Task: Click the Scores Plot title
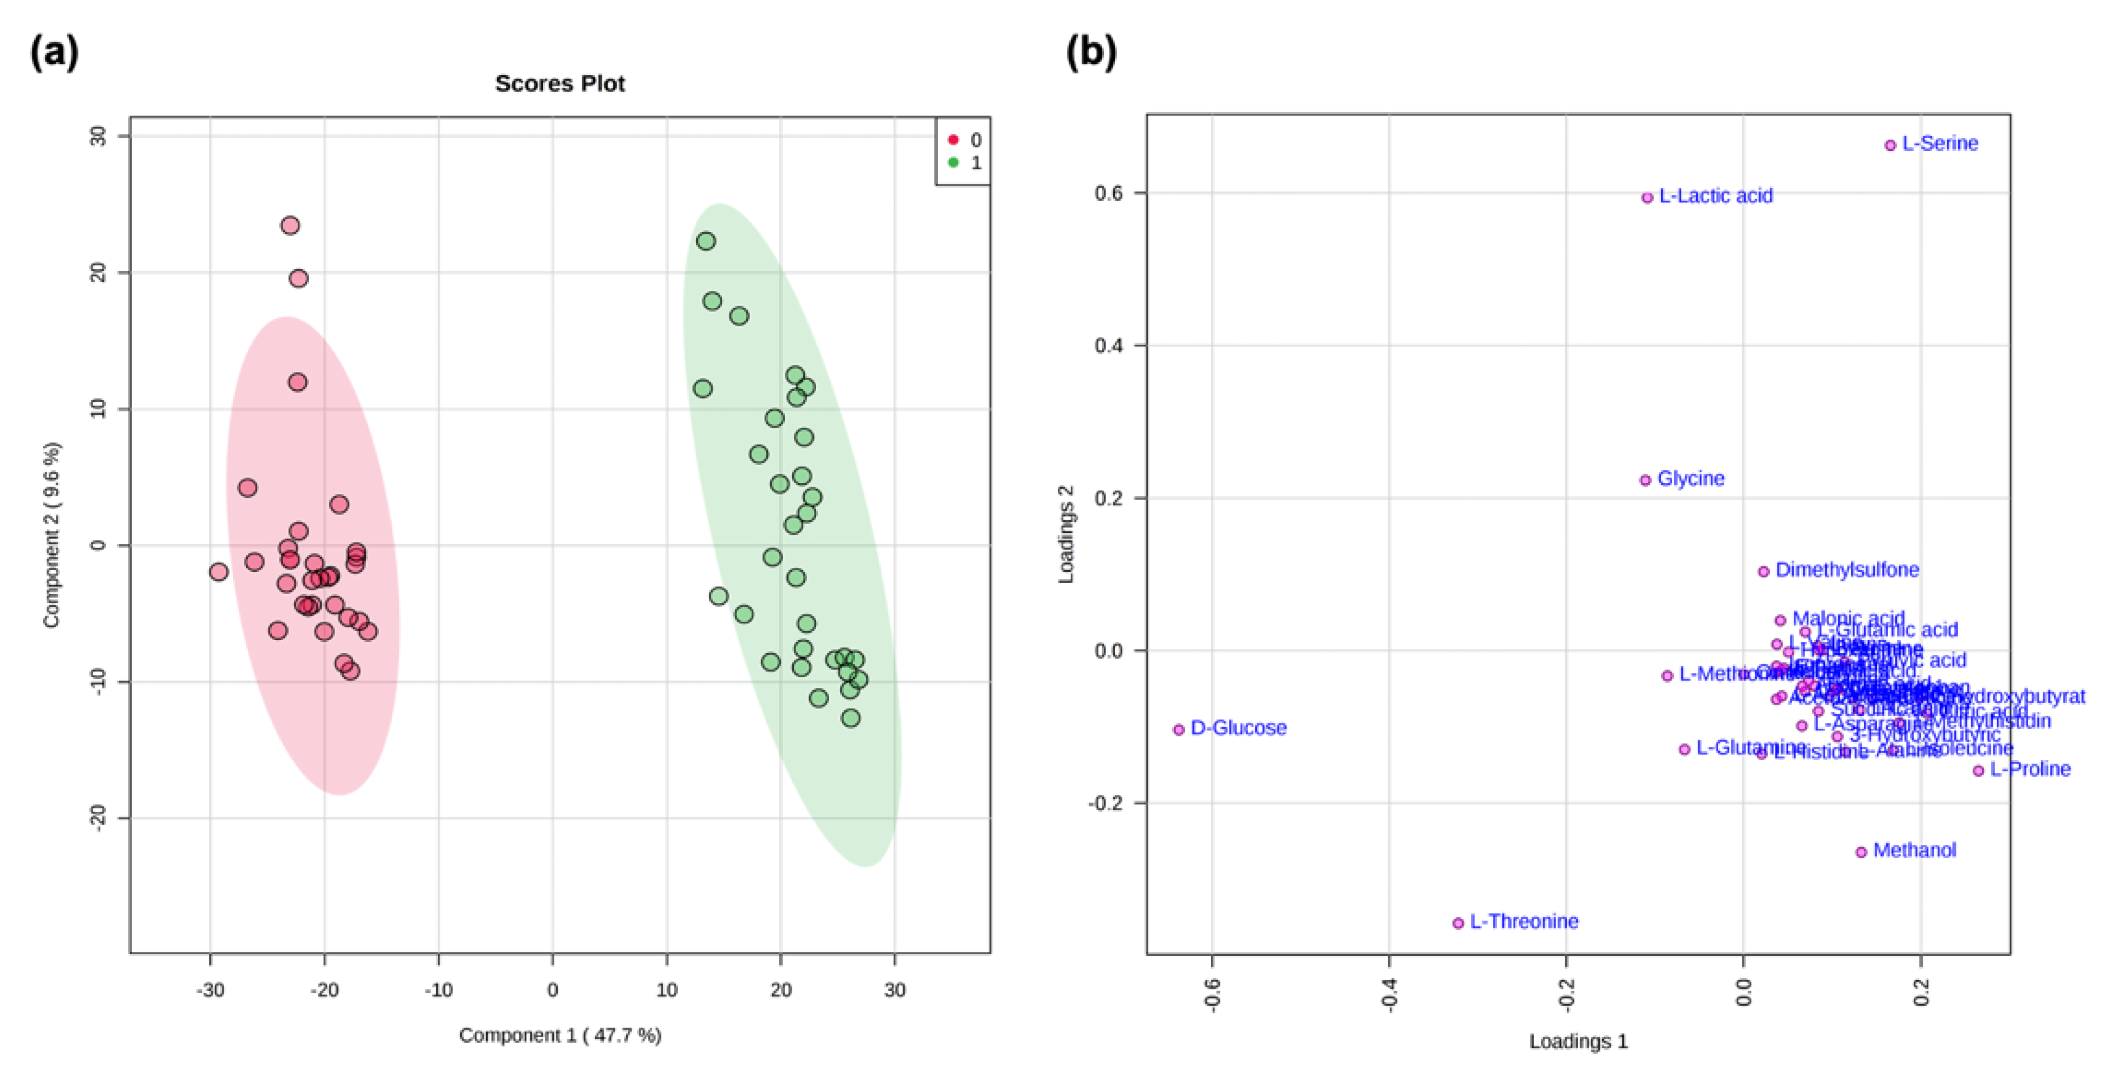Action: coord(559,84)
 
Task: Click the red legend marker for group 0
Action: coord(952,140)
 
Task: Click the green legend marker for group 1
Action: coord(952,162)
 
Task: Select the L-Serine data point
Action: coord(1890,145)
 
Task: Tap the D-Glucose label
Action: coord(1238,728)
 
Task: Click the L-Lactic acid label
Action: coord(1715,196)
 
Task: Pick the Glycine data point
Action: coord(1645,480)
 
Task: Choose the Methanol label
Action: coord(1914,850)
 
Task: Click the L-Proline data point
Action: coord(1978,770)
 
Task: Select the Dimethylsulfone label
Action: coord(1847,570)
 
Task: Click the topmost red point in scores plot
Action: coord(290,225)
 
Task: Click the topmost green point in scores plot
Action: coord(706,241)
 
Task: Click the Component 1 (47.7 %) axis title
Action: coord(559,1035)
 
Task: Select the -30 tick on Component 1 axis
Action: coord(211,989)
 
